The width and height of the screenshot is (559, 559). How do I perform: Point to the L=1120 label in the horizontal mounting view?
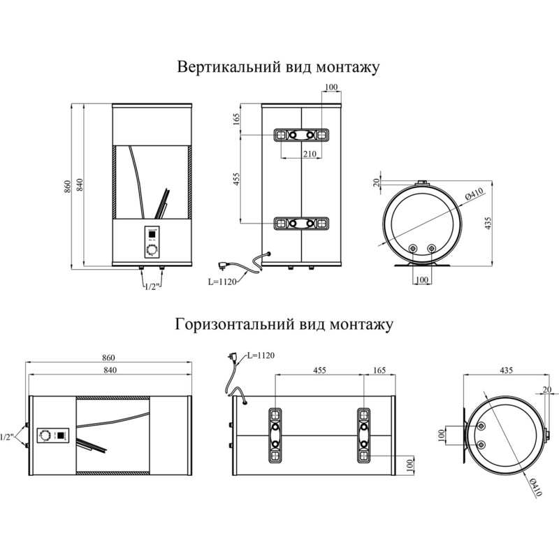point(259,356)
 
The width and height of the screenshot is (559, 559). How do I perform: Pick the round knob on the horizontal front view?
point(45,435)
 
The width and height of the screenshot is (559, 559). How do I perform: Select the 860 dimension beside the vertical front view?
point(67,186)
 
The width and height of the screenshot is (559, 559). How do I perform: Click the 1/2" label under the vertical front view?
point(152,286)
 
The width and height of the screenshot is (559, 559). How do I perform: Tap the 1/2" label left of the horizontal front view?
point(8,437)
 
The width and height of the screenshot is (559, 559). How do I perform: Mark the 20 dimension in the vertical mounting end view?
point(377,182)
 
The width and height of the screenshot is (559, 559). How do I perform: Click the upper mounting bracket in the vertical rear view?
point(302,135)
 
